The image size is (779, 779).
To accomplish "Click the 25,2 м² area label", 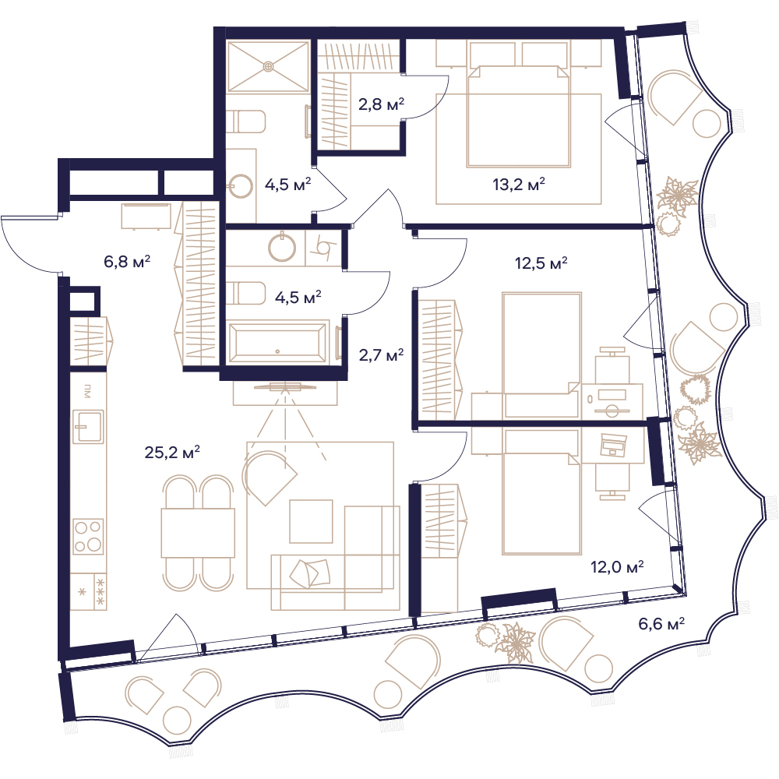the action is tap(172, 452).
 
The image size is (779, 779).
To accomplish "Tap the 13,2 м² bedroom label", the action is tap(519, 185).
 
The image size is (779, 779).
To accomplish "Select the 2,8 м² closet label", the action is tap(381, 104).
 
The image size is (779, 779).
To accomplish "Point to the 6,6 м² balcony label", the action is tap(661, 623).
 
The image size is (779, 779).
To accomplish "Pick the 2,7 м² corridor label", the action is tap(381, 354).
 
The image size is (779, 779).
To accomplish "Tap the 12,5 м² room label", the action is tap(541, 263).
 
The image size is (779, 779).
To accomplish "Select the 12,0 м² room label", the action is tap(617, 566).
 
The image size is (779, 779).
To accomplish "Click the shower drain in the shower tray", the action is tap(268, 65).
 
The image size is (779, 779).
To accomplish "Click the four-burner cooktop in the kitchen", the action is tap(89, 537).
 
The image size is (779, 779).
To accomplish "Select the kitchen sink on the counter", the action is tap(89, 426).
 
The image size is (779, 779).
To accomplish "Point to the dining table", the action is tap(198, 533).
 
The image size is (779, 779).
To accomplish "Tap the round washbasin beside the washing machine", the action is tap(282, 247).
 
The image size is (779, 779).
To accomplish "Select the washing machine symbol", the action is tap(323, 246).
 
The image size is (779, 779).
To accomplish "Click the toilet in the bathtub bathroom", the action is tap(246, 294).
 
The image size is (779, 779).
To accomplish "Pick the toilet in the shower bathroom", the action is tap(246, 122).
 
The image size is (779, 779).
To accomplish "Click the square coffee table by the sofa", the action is tap(312, 521).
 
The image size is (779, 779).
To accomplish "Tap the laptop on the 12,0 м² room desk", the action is tap(613, 445).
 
